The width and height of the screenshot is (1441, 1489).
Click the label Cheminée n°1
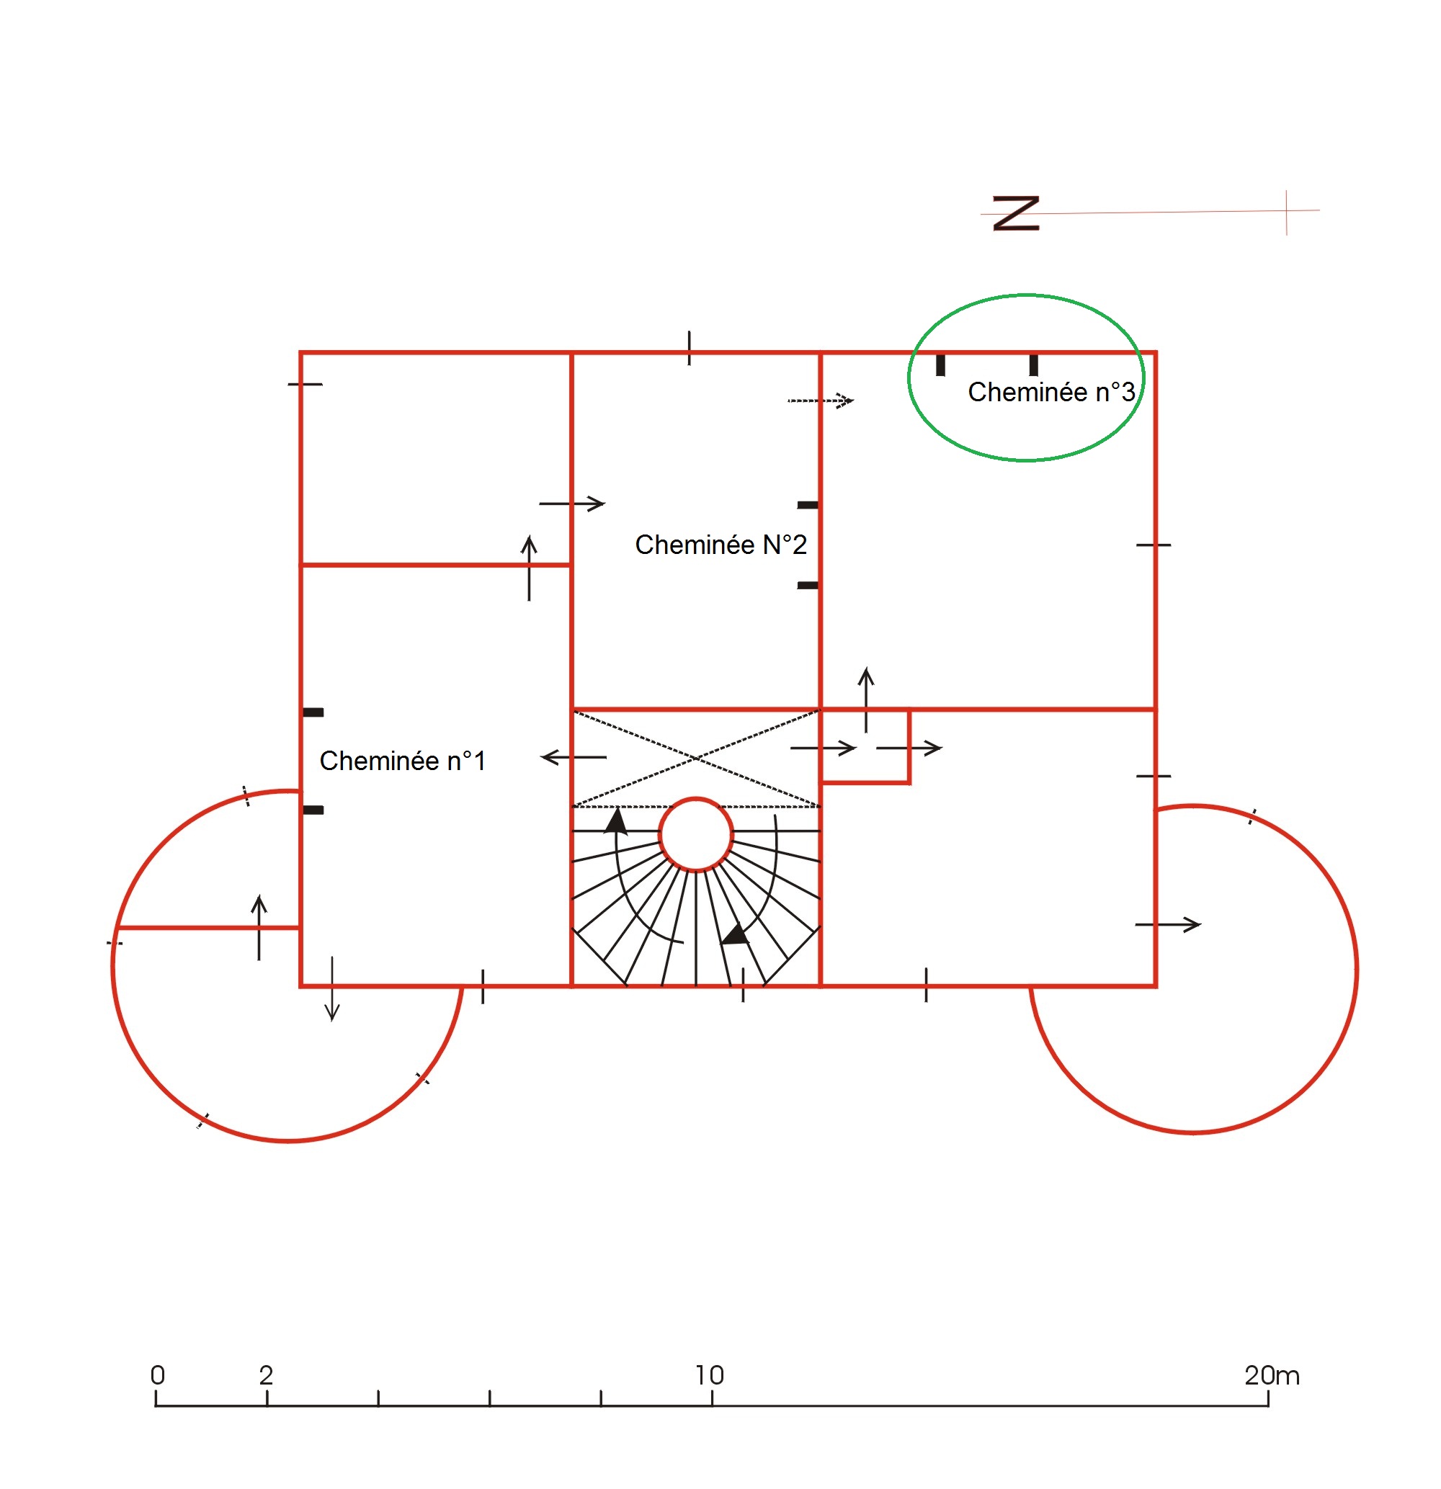click(402, 761)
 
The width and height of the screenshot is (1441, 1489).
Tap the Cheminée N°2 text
click(720, 545)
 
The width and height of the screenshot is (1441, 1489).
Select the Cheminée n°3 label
click(1051, 392)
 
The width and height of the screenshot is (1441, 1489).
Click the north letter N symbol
click(1016, 213)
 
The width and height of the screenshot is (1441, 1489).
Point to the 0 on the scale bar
click(157, 1375)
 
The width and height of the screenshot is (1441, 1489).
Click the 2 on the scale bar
click(266, 1375)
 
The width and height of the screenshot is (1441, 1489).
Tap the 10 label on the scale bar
click(709, 1375)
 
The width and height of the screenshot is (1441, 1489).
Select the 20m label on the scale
click(1272, 1375)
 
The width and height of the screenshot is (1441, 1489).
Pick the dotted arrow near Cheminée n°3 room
click(821, 401)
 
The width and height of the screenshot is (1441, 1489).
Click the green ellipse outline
click(910, 377)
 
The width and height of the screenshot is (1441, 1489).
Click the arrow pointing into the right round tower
click(1168, 924)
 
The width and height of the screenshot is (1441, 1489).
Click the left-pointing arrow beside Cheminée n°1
click(574, 757)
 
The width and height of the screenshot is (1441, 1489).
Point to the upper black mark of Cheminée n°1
click(313, 712)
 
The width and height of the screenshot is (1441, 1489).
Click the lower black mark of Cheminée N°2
click(808, 585)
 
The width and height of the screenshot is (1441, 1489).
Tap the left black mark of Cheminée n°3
click(940, 365)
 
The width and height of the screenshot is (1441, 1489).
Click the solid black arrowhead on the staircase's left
click(615, 821)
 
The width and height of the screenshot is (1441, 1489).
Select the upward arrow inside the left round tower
click(259, 928)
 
